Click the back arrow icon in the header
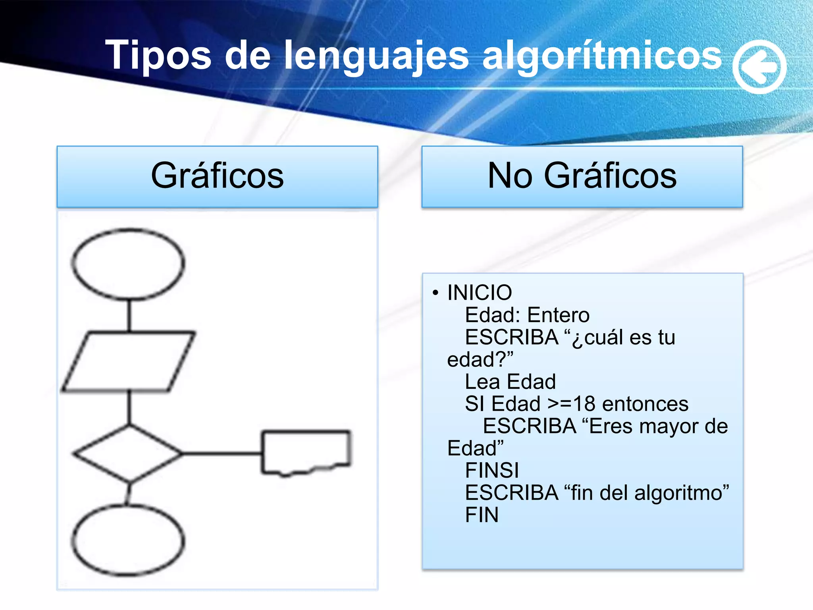(759, 67)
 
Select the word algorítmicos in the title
(602, 56)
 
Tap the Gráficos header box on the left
(217, 176)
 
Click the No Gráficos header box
(582, 176)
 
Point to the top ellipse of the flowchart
(128, 263)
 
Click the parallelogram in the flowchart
(128, 361)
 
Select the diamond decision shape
(128, 453)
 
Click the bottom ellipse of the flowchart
(128, 541)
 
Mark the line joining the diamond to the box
(222, 453)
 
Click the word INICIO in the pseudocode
(480, 293)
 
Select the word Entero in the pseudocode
(559, 315)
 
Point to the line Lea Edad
(510, 382)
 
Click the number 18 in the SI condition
(584, 404)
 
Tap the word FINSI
(492, 471)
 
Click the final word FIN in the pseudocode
(482, 515)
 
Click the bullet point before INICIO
(435, 293)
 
